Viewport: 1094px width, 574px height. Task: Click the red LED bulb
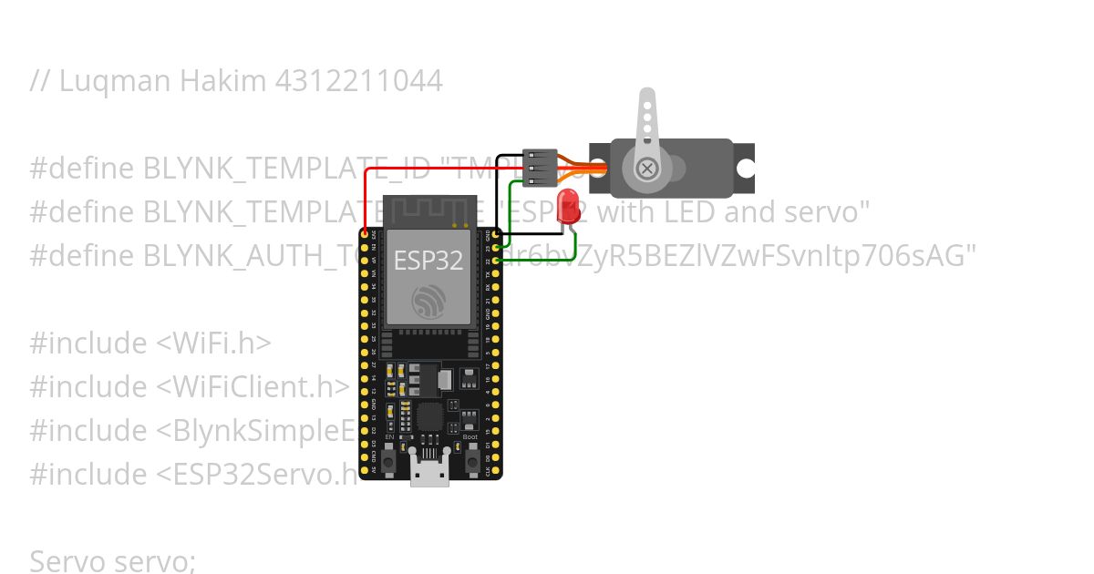click(x=570, y=205)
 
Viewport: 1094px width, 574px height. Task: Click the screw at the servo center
click(x=647, y=169)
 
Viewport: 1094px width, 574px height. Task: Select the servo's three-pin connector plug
click(x=539, y=168)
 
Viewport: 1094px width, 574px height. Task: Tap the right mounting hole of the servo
click(x=745, y=169)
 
